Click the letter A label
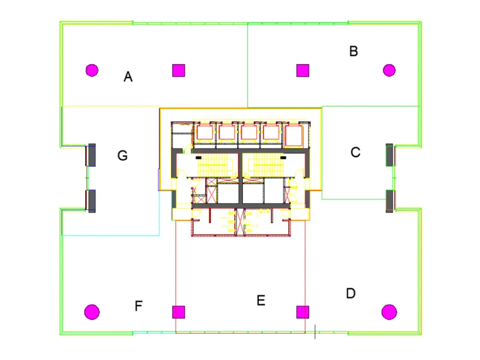click(x=128, y=77)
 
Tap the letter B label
click(x=354, y=51)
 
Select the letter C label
click(x=355, y=153)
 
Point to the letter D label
click(x=351, y=294)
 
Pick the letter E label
click(x=261, y=301)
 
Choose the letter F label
click(x=138, y=306)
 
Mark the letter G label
click(x=122, y=155)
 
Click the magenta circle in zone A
click(x=91, y=70)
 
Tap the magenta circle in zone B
click(x=389, y=70)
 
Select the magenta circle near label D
click(x=389, y=311)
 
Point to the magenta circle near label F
click(x=91, y=311)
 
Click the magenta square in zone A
click(x=179, y=70)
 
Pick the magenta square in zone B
click(x=302, y=70)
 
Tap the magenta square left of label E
click(x=179, y=311)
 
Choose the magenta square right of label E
click(x=302, y=311)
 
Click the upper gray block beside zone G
click(x=91, y=155)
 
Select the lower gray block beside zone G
click(x=91, y=200)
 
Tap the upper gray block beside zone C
click(x=390, y=154)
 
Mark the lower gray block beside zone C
click(x=390, y=200)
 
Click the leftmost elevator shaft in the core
click(x=205, y=133)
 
